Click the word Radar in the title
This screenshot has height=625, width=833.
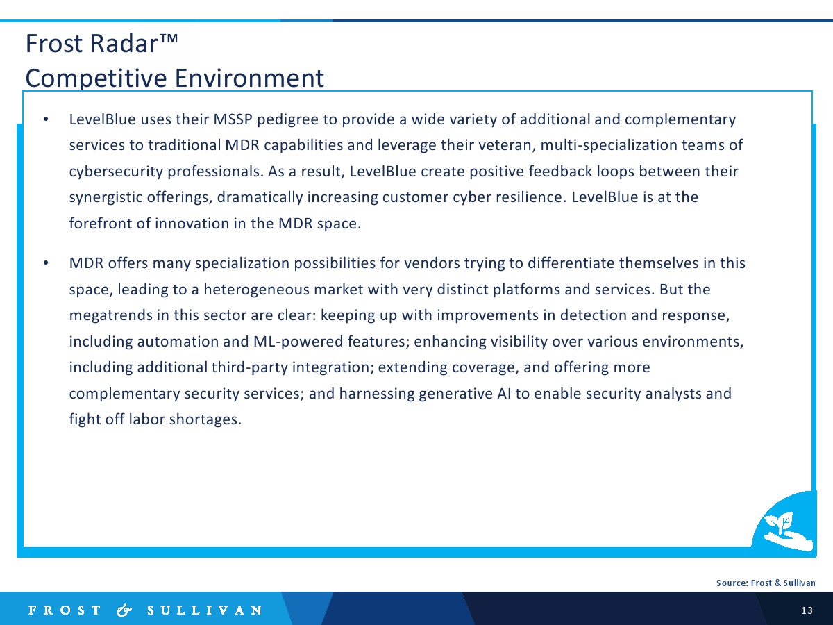click(x=124, y=43)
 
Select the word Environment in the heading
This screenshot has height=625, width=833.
click(x=249, y=78)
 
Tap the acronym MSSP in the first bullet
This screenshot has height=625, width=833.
click(x=233, y=119)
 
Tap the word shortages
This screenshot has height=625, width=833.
click(x=205, y=419)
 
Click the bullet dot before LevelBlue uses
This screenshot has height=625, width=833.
click(x=46, y=119)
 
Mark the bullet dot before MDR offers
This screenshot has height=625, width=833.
click(x=46, y=263)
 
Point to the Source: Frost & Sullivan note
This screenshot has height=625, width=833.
click(x=766, y=583)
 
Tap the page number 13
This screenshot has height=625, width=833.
click(x=807, y=610)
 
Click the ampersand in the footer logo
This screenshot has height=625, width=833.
click(x=124, y=610)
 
